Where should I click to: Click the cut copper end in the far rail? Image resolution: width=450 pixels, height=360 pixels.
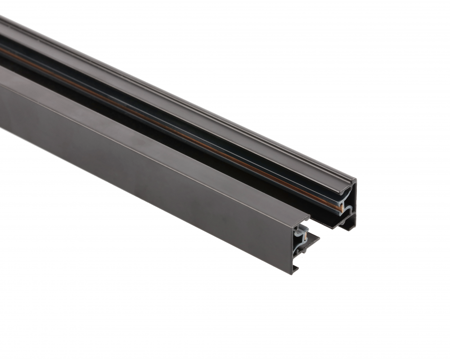pos(341,207)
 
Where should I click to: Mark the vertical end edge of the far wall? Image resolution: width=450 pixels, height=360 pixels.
pos(355,202)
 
